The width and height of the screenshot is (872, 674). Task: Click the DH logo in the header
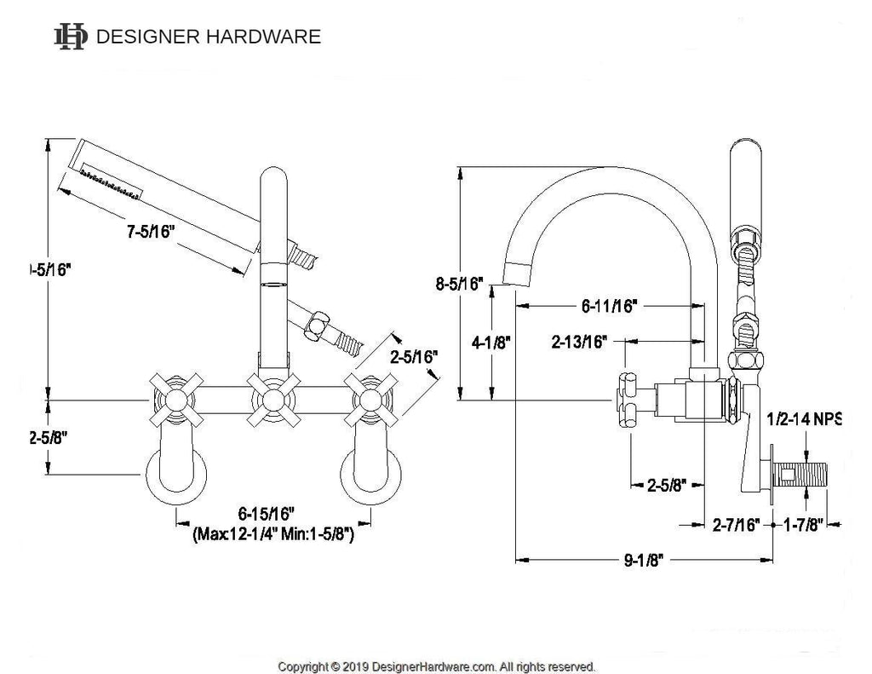coord(71,37)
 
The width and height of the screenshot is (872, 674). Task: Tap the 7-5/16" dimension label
coord(149,233)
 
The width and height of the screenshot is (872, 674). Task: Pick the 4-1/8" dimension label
coord(491,343)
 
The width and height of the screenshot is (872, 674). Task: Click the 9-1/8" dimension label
coord(645,560)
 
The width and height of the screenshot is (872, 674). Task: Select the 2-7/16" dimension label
coord(736,526)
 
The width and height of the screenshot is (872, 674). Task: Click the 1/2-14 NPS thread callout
coord(804,419)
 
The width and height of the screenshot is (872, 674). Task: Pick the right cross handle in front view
coord(369,399)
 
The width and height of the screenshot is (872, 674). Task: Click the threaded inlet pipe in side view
coord(805,473)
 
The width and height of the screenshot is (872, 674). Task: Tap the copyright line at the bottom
coord(437,665)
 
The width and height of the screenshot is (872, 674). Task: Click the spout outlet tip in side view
coord(517,274)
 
